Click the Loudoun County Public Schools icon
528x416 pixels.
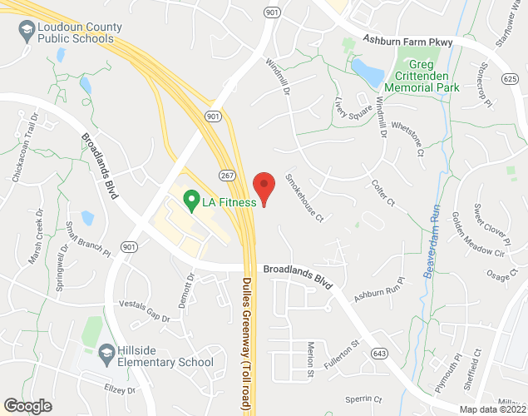tap(26, 32)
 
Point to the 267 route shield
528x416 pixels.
tap(227, 176)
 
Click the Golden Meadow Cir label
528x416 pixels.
tap(480, 235)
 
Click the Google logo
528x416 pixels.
tap(27, 405)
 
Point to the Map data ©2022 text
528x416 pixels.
tap(493, 409)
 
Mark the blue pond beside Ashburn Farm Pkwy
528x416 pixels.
tap(368, 72)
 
